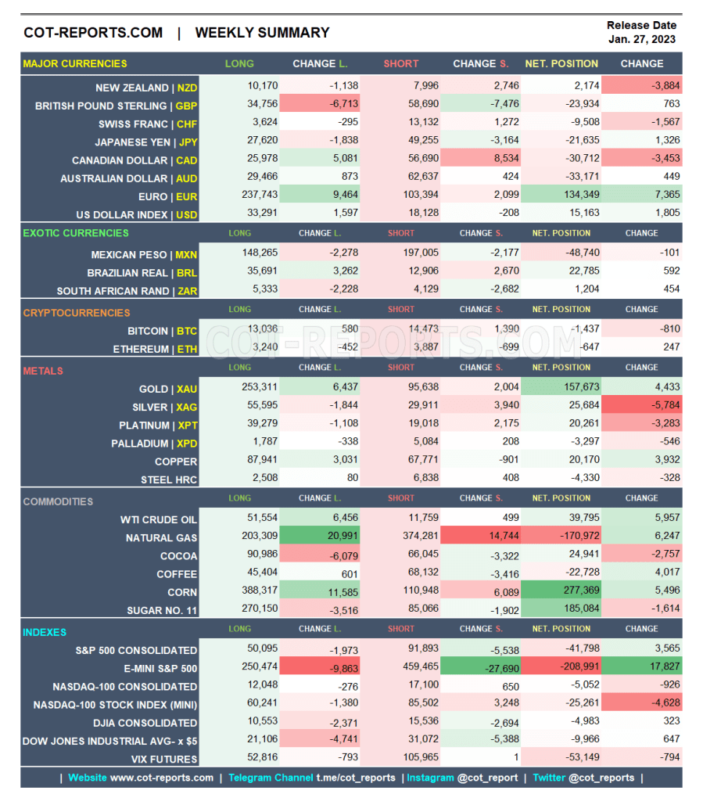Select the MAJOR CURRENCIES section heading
(x=75, y=63)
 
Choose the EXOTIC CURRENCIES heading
(x=76, y=232)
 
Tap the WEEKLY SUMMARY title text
(x=262, y=33)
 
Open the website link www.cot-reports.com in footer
(x=161, y=778)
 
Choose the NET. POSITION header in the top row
(x=561, y=63)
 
